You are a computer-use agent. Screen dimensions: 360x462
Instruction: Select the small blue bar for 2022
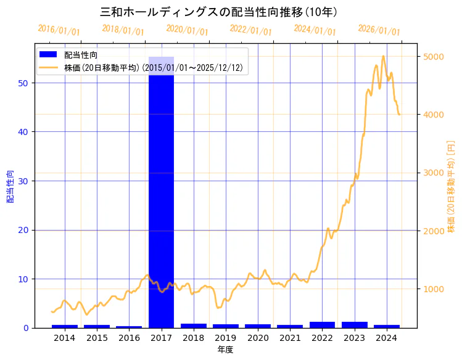pyautogui.click(x=322, y=325)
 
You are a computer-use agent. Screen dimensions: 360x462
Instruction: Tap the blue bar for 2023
pyautogui.click(x=354, y=325)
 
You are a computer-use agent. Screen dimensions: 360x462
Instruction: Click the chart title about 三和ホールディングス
pyautogui.click(x=218, y=12)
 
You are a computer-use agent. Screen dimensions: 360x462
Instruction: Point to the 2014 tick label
pyautogui.click(x=65, y=338)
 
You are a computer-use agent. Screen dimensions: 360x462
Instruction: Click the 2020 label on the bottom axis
pyautogui.click(x=258, y=338)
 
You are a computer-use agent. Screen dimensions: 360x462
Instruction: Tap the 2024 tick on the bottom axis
pyautogui.click(x=386, y=338)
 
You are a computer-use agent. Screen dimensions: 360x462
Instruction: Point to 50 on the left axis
pyautogui.click(x=24, y=83)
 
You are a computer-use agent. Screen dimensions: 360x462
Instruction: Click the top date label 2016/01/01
pyautogui.click(x=59, y=30)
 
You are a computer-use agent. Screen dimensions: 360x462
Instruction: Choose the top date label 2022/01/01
pyautogui.click(x=250, y=30)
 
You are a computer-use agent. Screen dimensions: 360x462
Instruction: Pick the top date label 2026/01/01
pyautogui.click(x=379, y=30)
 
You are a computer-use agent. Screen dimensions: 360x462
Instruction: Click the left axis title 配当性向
pyautogui.click(x=10, y=187)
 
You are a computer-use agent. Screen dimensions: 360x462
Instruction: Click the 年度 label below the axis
pyautogui.click(x=225, y=350)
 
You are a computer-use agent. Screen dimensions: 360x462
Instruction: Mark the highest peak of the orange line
pyautogui.click(x=383, y=56)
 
